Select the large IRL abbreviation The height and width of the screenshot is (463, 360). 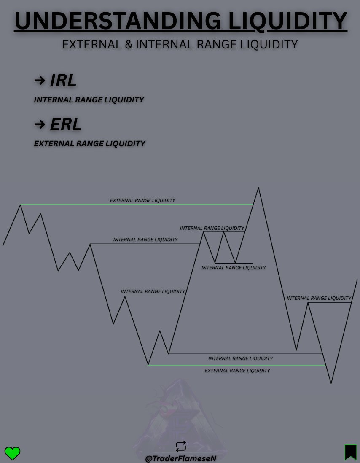tap(63, 81)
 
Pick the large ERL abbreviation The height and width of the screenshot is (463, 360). tap(65, 124)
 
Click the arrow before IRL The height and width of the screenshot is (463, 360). tap(39, 80)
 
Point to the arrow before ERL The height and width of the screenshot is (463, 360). tap(39, 124)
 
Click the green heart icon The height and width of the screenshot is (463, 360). tap(12, 453)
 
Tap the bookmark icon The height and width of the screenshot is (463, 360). tap(350, 452)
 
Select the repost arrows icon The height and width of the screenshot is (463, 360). tap(180, 446)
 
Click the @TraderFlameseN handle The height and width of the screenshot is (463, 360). tap(180, 458)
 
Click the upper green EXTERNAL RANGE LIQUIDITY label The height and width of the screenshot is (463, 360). tap(142, 200)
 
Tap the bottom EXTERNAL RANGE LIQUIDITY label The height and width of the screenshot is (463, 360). tap(237, 371)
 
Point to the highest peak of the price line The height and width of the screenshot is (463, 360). tap(258, 188)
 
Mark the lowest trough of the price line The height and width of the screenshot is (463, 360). tap(331, 383)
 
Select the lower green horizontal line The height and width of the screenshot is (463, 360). tap(236, 365)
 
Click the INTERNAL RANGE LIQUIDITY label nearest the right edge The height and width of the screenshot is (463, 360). tap(319, 298)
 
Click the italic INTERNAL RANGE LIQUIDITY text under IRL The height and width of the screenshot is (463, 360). tap(89, 100)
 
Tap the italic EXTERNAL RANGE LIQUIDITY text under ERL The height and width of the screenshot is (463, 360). tap(89, 143)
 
